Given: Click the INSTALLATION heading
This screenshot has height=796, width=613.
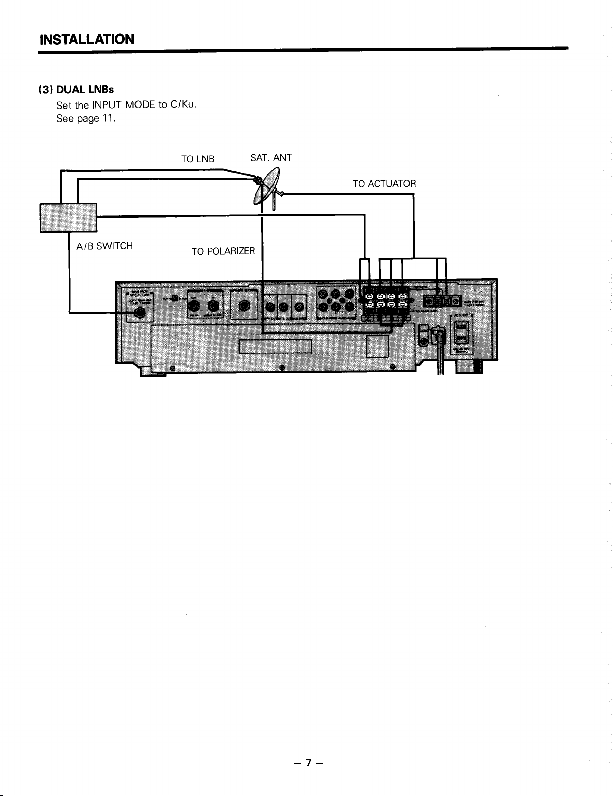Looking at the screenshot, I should coord(87,39).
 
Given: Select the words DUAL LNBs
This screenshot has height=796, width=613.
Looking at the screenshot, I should coord(85,89).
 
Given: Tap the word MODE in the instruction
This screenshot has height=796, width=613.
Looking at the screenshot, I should coord(139,105).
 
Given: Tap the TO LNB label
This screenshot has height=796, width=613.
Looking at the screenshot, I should coord(197,159).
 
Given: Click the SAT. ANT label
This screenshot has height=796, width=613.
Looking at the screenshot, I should coord(271,158).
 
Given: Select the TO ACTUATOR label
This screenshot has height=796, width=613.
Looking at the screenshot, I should coord(384,184).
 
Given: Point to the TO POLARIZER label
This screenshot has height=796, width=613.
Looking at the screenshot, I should coord(223,251).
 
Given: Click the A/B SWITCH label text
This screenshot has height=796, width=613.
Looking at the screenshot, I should coord(104,246).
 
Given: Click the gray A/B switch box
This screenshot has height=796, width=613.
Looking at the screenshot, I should coord(68,218).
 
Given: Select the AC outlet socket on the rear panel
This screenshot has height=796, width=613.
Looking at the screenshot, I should coord(461,333).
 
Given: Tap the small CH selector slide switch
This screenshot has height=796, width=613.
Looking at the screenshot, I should coord(174,298).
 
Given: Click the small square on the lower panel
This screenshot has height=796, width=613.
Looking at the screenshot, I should coord(377,346).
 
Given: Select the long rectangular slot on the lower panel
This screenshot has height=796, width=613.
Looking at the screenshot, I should coord(276,347).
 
